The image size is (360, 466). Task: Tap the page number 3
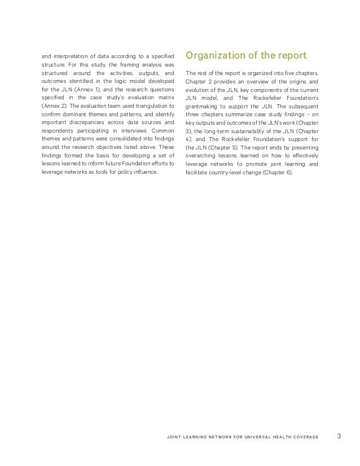(x=339, y=436)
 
